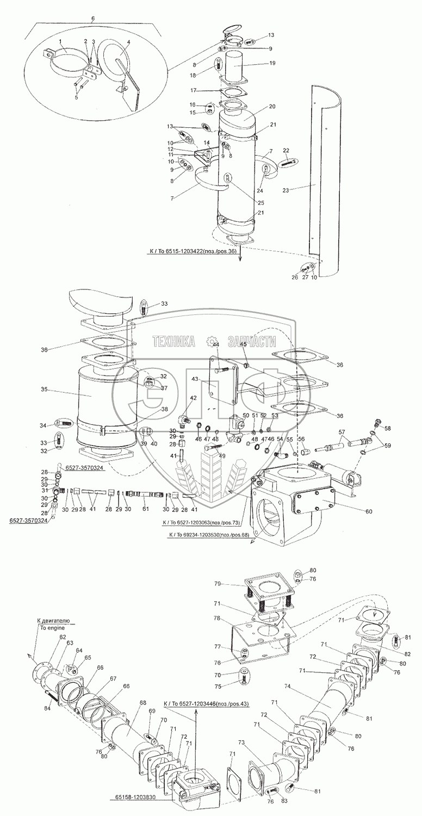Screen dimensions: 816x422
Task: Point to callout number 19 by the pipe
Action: pos(272,63)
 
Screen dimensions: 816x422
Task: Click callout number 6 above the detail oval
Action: pos(92,18)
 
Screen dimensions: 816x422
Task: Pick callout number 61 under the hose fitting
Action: pos(145,509)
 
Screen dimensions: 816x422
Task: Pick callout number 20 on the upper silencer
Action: pos(272,107)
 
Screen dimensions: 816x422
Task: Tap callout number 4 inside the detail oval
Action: pos(128,42)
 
